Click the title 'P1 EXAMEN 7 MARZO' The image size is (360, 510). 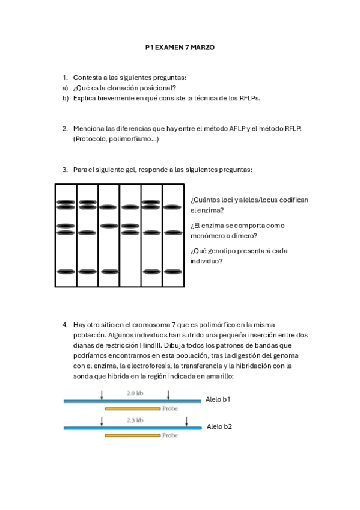[180, 46]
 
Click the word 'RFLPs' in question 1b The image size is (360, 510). [249, 98]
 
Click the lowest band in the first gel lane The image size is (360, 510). [66, 272]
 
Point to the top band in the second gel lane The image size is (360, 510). [88, 202]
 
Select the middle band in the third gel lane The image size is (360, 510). [109, 226]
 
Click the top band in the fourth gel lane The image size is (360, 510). [130, 207]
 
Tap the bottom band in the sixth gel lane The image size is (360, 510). [173, 272]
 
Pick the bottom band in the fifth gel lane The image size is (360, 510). [151, 272]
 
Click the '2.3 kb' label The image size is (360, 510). [135, 420]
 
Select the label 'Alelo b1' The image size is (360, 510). [218, 399]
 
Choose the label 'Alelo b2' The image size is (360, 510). [219, 426]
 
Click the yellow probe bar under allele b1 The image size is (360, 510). [132, 408]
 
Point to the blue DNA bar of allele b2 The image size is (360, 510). [132, 428]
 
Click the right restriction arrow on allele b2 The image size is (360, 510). [187, 421]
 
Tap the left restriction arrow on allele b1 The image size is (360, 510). [102, 394]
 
